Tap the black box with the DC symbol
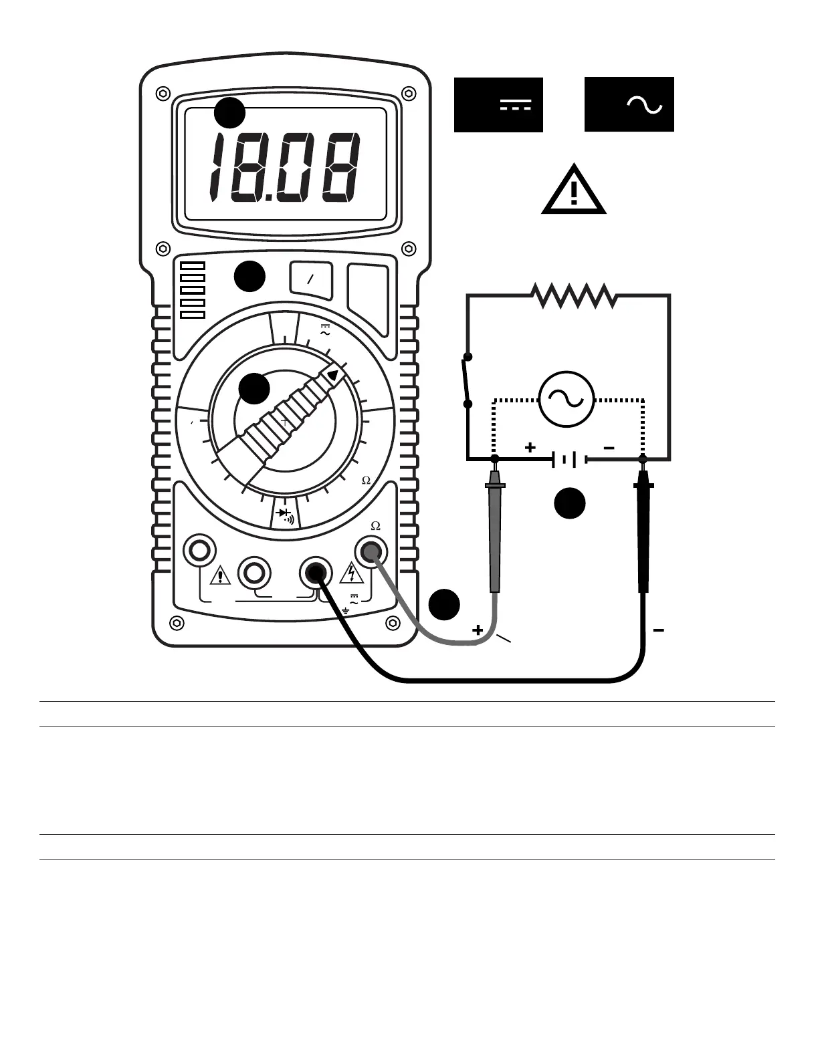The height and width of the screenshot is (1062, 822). pos(498,105)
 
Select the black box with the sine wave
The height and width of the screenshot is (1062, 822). pos(629,105)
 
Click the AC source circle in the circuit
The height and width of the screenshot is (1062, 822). pos(567,400)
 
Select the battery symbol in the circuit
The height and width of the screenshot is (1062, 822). pos(569,460)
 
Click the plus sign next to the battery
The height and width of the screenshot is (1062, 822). pos(530,447)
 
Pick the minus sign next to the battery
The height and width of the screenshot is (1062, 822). pos(609,448)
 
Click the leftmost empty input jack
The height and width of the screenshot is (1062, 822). pos(199,551)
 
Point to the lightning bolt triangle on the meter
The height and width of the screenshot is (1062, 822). pos(350,573)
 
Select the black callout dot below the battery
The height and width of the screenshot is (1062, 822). pos(570,503)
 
